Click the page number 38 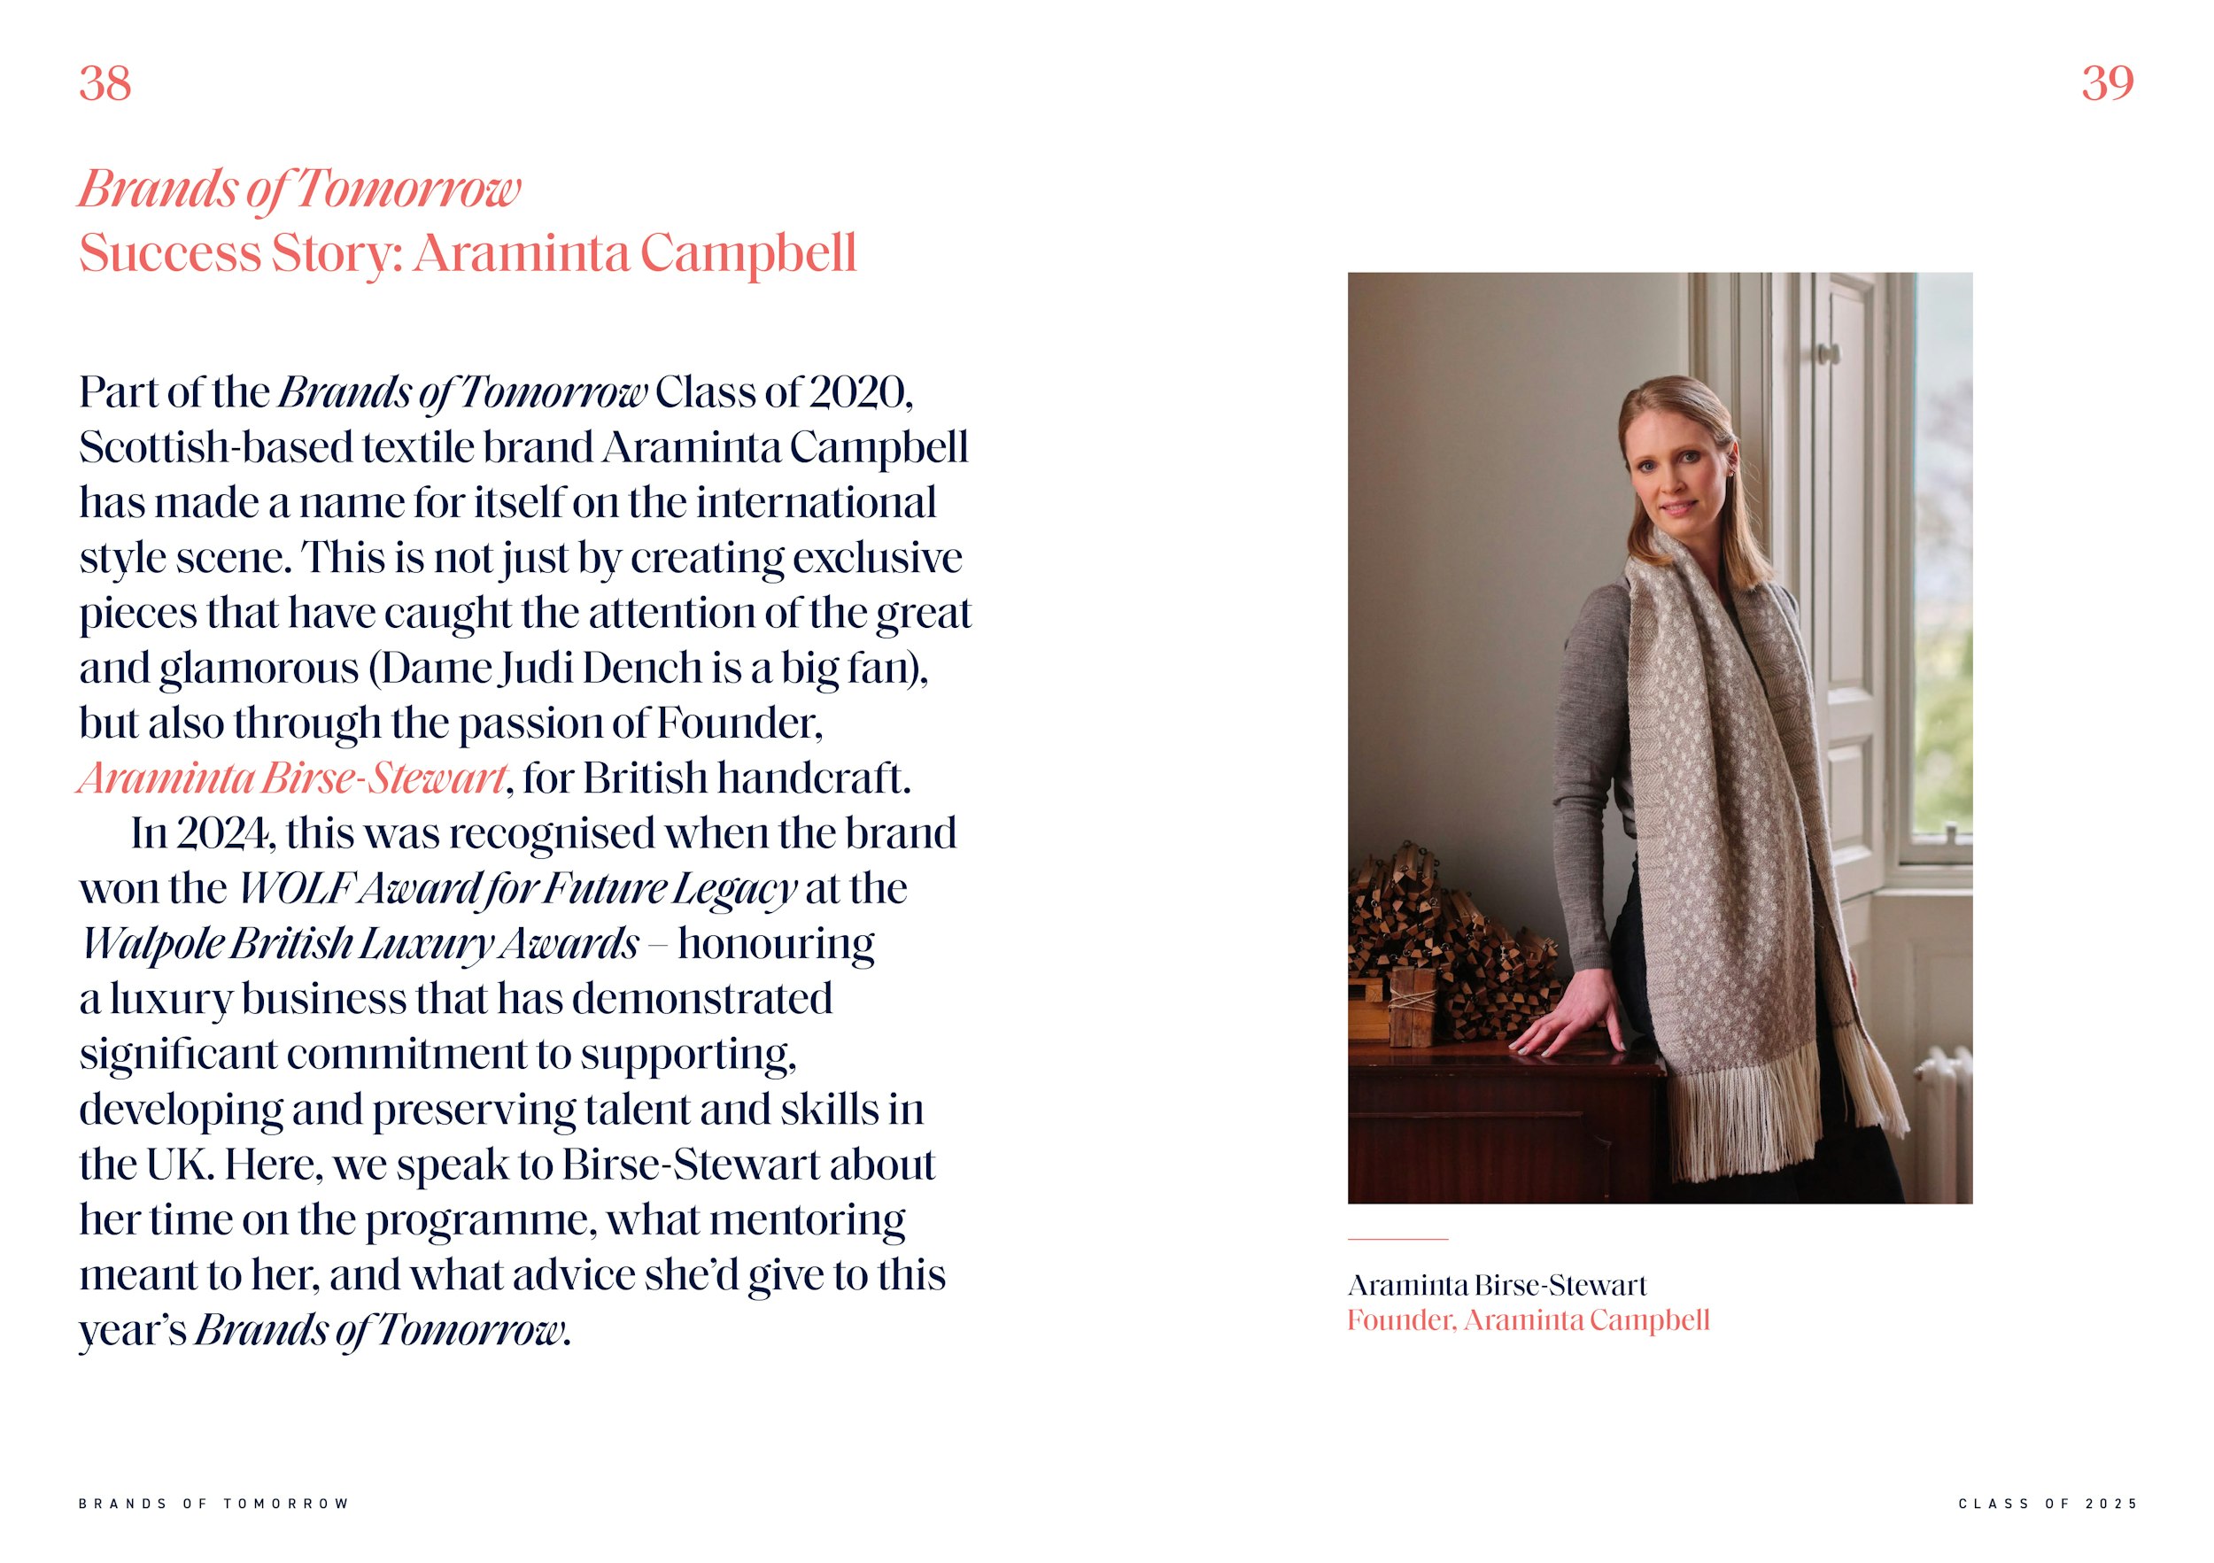click(x=105, y=84)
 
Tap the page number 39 click(x=2107, y=84)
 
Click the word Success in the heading click(x=170, y=253)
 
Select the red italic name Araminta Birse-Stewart click(x=292, y=779)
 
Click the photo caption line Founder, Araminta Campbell click(x=1528, y=1320)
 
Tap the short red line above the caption click(x=1397, y=1238)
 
